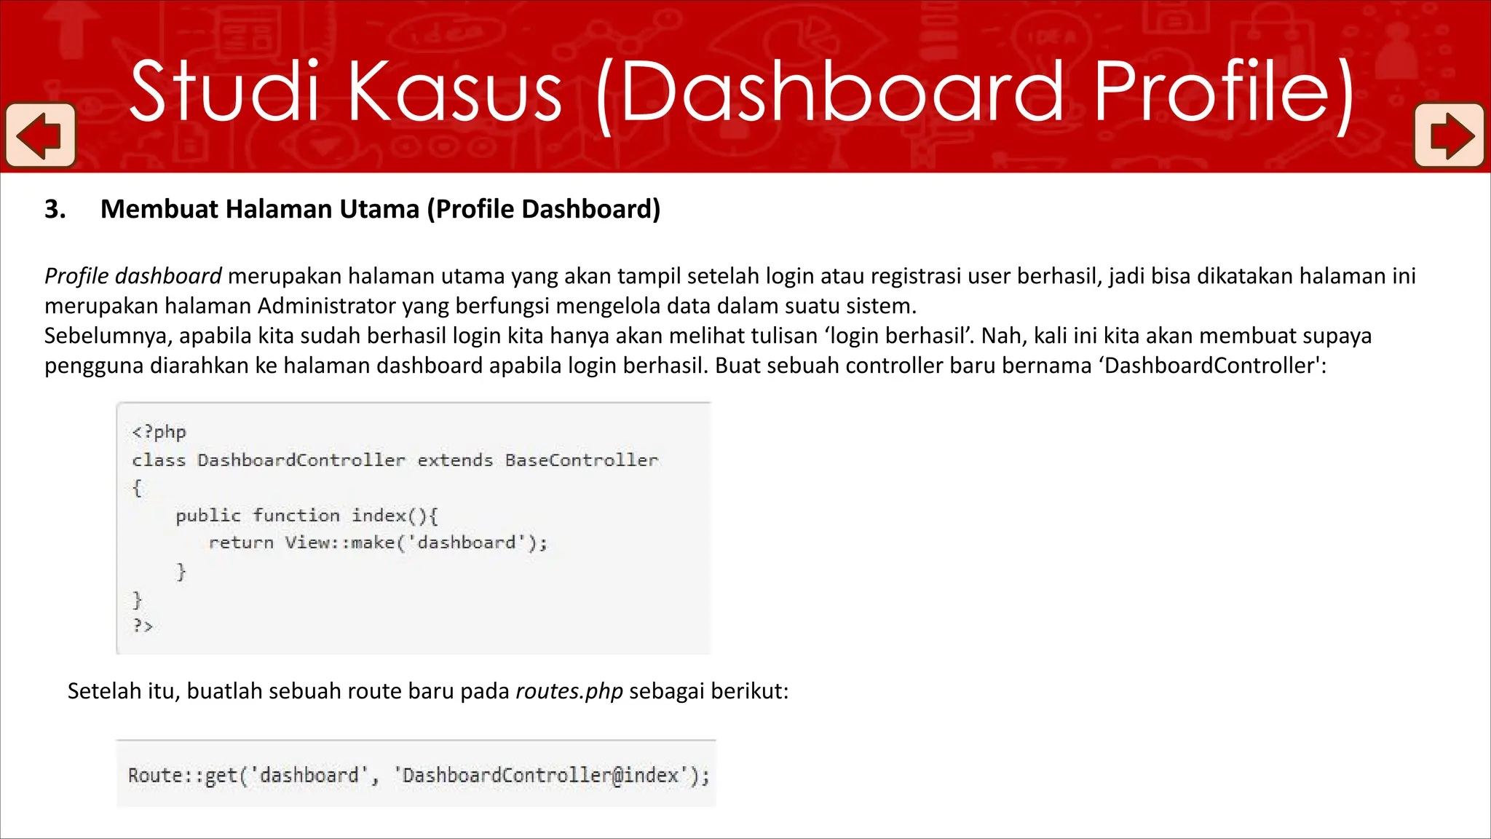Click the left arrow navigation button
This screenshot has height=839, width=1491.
pyautogui.click(x=40, y=135)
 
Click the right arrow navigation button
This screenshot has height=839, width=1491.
pyautogui.click(x=1450, y=135)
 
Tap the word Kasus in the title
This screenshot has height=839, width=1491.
pyautogui.click(x=454, y=92)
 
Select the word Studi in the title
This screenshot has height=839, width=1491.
pyautogui.click(x=224, y=92)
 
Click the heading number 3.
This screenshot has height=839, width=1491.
pyautogui.click(x=55, y=210)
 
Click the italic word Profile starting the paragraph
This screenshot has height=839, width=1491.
pyautogui.click(x=76, y=277)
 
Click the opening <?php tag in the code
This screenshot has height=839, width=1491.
pyautogui.click(x=159, y=432)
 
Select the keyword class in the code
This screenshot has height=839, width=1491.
pyautogui.click(x=159, y=460)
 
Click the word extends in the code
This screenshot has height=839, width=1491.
pyautogui.click(x=455, y=460)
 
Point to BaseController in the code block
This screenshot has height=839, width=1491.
pyautogui.click(x=582, y=460)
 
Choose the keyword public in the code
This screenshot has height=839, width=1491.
pyautogui.click(x=207, y=516)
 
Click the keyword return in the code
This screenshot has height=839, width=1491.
pyautogui.click(x=241, y=543)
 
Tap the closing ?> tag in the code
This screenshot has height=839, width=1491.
pyautogui.click(x=143, y=626)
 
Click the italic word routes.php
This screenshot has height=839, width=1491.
pyautogui.click(x=569, y=691)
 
